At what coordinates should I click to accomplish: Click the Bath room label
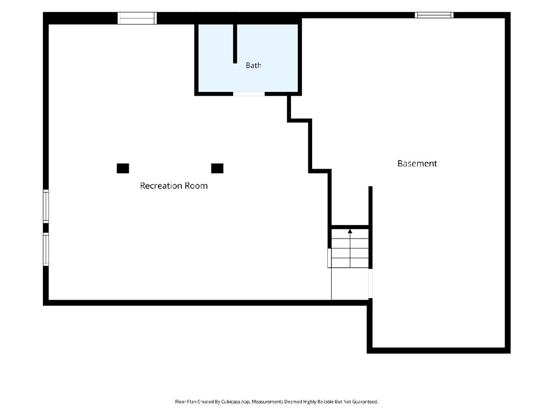tap(253, 66)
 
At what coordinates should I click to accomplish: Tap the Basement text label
tap(417, 164)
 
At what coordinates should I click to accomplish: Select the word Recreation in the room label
tap(161, 186)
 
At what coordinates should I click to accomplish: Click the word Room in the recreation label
tap(196, 186)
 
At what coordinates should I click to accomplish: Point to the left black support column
tap(123, 168)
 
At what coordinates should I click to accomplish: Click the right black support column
tap(217, 168)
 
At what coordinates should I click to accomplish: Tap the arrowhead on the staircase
tap(350, 231)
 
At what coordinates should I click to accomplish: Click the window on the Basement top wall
tap(434, 15)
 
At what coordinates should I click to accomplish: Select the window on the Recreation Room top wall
tap(137, 18)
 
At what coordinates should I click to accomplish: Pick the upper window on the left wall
tap(46, 206)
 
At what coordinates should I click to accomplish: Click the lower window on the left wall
tap(46, 249)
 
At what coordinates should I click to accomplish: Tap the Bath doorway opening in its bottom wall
tap(248, 94)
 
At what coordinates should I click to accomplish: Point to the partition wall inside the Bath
tap(235, 44)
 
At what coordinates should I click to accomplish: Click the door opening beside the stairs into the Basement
tap(370, 283)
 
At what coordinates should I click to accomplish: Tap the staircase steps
tap(350, 248)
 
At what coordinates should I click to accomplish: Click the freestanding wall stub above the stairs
tap(370, 206)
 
